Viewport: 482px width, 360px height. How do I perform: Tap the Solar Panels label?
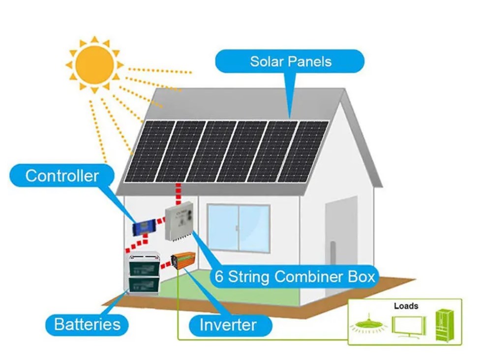[x=290, y=61]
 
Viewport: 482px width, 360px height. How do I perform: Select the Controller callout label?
[x=62, y=176]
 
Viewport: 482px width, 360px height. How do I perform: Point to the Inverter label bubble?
[x=228, y=325]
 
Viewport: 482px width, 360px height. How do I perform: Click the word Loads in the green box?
[x=406, y=306]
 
